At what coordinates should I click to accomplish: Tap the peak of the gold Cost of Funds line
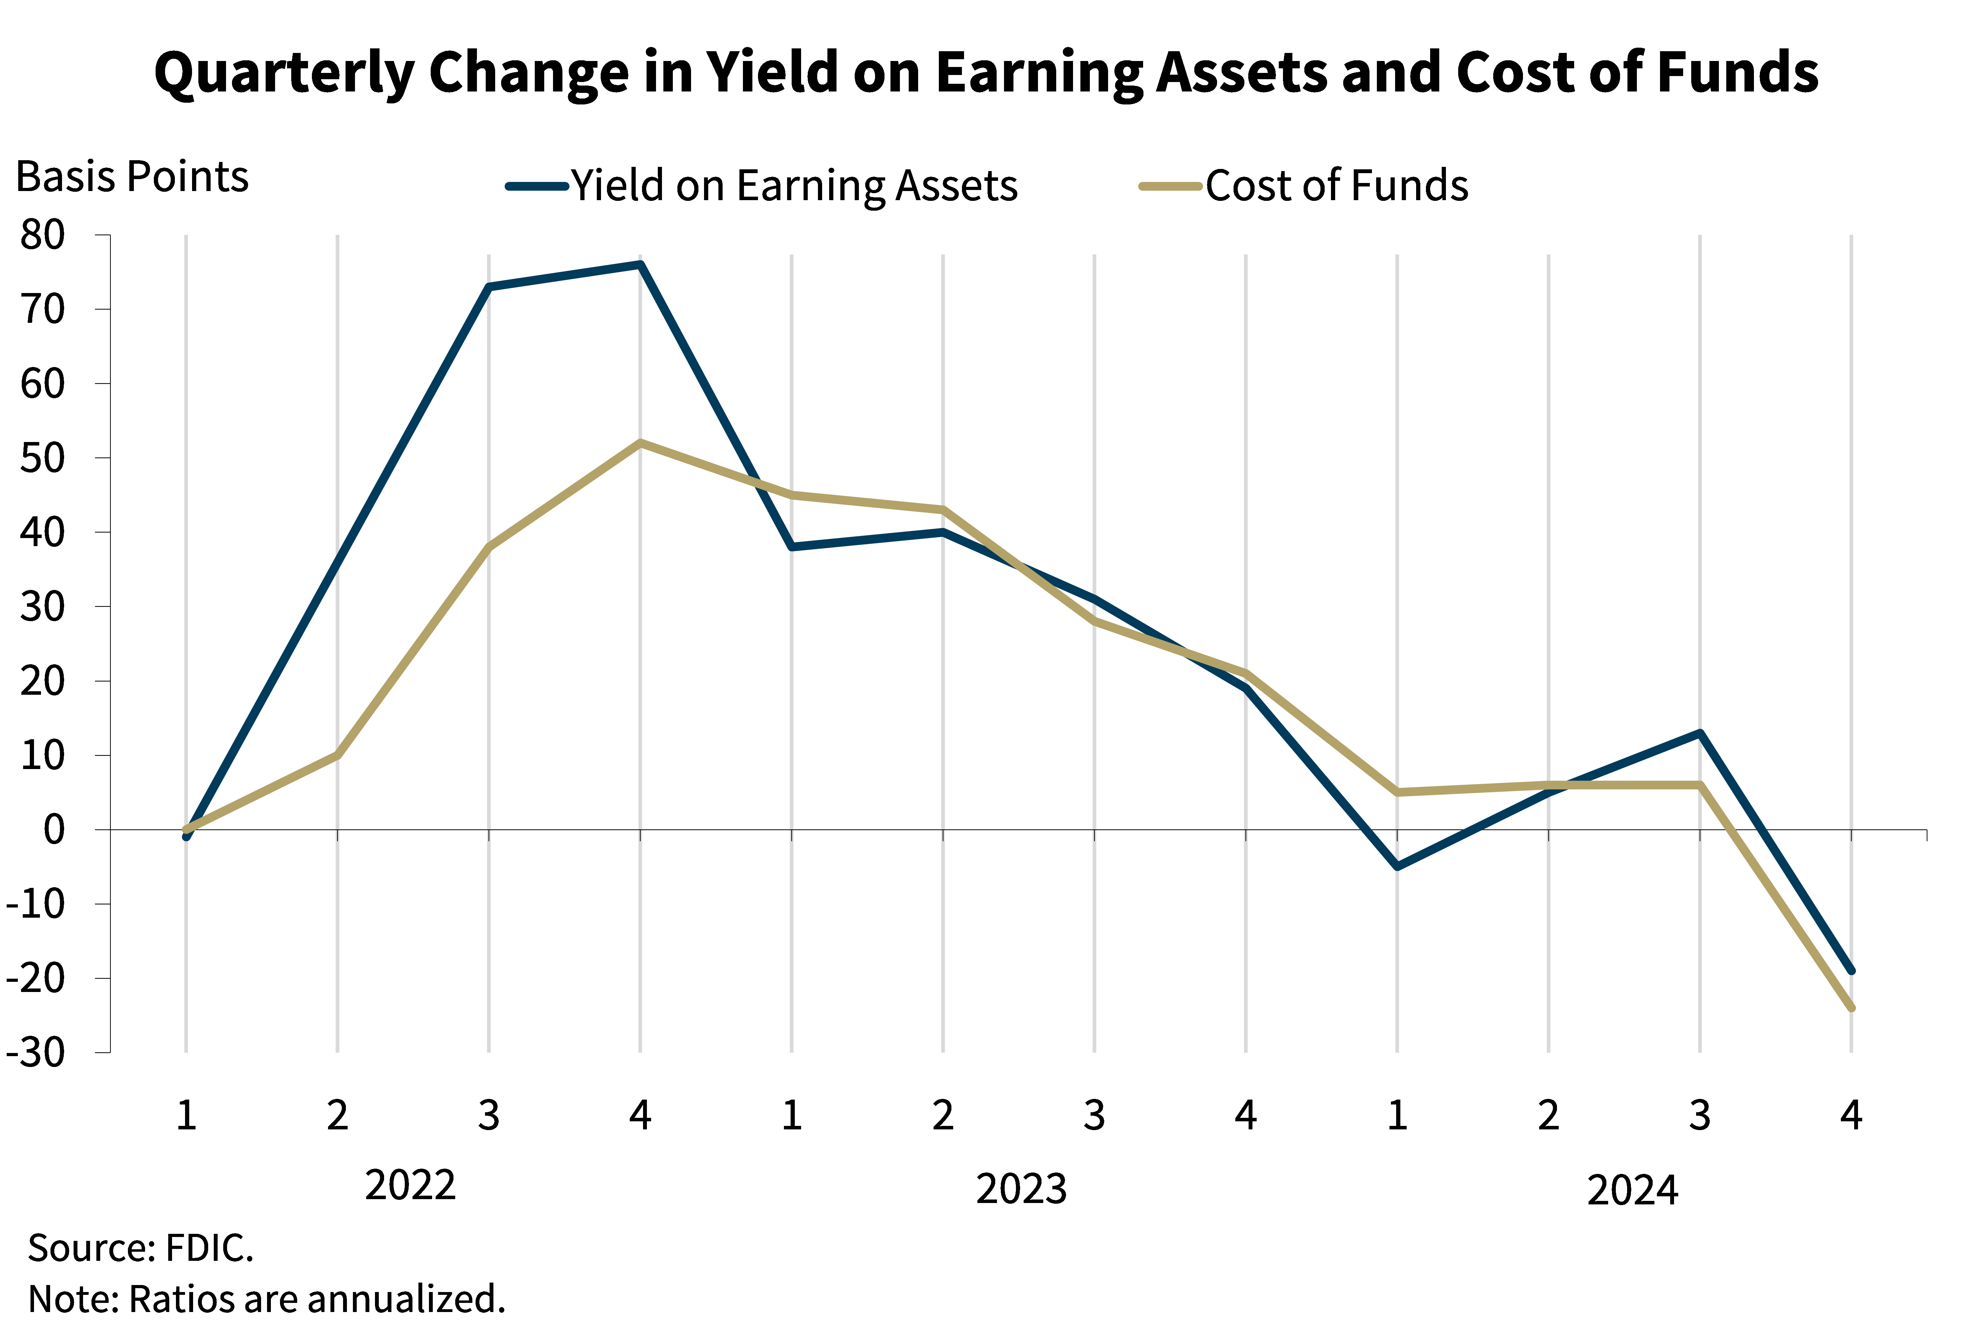(x=641, y=443)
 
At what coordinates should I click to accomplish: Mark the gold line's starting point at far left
(x=186, y=829)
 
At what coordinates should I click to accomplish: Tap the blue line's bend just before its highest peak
(x=489, y=287)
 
